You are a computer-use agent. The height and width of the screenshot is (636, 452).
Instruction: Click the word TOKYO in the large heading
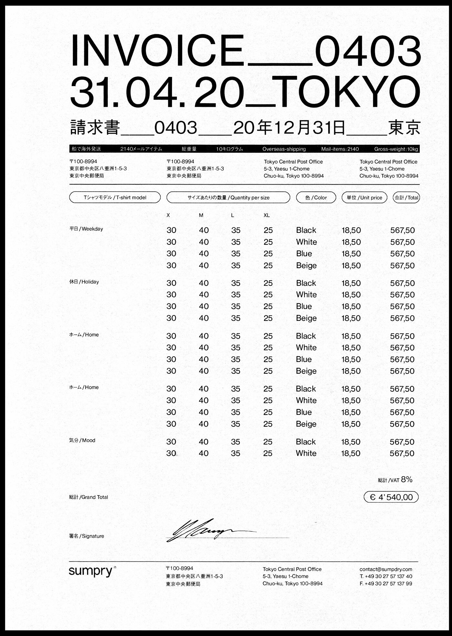pyautogui.click(x=349, y=92)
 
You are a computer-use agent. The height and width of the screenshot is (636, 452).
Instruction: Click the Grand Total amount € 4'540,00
pyautogui.click(x=391, y=497)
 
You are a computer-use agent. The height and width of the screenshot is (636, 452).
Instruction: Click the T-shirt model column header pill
pyautogui.click(x=115, y=197)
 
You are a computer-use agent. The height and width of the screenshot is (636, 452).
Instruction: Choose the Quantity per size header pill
pyautogui.click(x=228, y=197)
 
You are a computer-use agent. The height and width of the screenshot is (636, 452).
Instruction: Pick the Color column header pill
pyautogui.click(x=316, y=197)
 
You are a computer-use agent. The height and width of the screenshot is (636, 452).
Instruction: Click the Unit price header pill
pyautogui.click(x=365, y=197)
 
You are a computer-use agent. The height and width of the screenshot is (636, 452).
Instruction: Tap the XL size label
pyautogui.click(x=266, y=215)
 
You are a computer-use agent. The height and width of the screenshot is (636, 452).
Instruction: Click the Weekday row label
pyautogui.click(x=86, y=229)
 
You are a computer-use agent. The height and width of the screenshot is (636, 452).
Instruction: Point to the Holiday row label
pyautogui.click(x=84, y=282)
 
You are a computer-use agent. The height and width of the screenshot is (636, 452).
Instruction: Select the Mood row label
pyautogui.click(x=82, y=440)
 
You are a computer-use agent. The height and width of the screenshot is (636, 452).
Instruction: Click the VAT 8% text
pyautogui.click(x=395, y=480)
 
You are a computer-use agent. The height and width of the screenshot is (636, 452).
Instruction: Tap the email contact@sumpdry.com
pyautogui.click(x=386, y=569)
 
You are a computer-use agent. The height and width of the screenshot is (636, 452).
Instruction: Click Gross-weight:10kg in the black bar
pyautogui.click(x=396, y=149)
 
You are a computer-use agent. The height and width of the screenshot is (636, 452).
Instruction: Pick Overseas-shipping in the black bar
pyautogui.click(x=284, y=149)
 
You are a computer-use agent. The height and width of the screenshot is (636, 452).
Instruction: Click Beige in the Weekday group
pyautogui.click(x=306, y=266)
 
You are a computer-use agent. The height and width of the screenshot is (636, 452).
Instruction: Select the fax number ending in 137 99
pyautogui.click(x=386, y=583)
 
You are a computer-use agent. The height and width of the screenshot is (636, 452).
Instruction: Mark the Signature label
pyautogui.click(x=87, y=536)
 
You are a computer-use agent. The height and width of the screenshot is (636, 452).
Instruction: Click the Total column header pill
pyautogui.click(x=406, y=197)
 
